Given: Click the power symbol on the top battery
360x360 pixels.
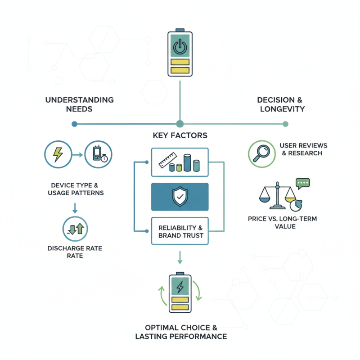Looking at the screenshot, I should [x=180, y=46].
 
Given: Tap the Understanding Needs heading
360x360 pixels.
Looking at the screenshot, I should [x=79, y=104].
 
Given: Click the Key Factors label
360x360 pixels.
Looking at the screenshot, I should [x=180, y=135].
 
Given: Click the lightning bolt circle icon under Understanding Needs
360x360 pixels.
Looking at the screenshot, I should [x=58, y=155].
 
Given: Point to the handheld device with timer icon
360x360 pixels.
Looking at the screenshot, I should [x=99, y=155].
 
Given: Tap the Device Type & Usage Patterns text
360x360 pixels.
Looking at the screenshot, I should [x=76, y=189].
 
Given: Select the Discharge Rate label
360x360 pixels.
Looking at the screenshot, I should [x=75, y=252].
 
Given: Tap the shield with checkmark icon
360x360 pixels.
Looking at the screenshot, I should [x=180, y=197].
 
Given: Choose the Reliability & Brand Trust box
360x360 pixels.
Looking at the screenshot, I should [x=180, y=231].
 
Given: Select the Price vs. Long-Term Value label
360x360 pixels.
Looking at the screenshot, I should [x=282, y=222].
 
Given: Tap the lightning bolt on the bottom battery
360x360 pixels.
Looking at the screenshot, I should [x=180, y=287].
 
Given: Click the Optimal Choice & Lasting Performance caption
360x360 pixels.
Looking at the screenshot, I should [x=180, y=332].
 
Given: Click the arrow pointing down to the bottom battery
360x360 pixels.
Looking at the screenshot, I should [x=180, y=258].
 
